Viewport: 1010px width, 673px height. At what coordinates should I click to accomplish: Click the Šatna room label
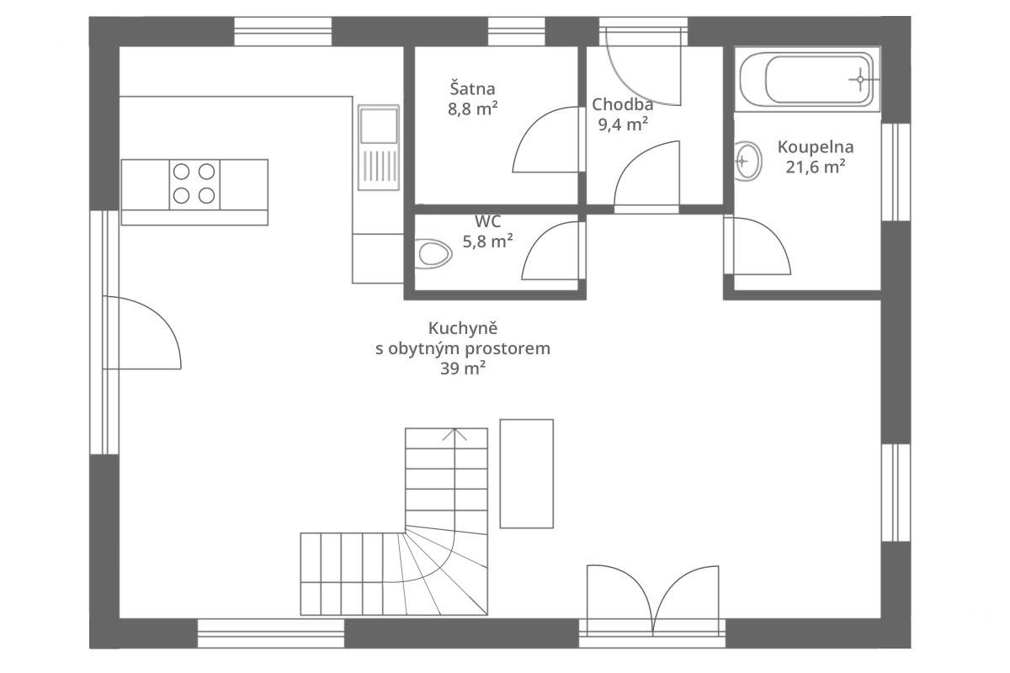coord(472,89)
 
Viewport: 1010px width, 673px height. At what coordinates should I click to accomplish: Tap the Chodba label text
coord(622,104)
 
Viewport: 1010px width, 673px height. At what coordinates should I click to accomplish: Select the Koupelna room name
coord(816,147)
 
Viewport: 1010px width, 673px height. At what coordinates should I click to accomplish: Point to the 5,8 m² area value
coord(487,241)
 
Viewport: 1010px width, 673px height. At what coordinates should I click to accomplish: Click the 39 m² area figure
coord(463,368)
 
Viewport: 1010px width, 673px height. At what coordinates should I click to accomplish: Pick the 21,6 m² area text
coord(816,167)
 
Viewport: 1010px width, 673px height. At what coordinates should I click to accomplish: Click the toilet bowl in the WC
coord(433,254)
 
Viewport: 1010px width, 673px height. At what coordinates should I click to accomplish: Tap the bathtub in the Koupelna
coord(807,79)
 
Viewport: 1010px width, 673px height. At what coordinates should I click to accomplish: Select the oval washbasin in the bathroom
coord(747,161)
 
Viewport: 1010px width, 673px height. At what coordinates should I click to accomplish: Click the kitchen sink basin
coord(379,125)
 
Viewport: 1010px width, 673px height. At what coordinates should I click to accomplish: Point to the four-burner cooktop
coord(194,184)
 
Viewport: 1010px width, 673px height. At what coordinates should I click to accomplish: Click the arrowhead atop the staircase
coord(454,433)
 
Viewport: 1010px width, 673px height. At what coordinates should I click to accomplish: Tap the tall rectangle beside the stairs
coord(526,474)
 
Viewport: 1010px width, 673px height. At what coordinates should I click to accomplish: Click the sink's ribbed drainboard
coord(379,166)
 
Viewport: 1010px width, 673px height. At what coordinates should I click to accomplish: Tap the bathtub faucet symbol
coord(860,80)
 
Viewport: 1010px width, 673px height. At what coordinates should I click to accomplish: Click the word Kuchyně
coord(463,328)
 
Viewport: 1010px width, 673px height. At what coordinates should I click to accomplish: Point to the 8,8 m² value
coord(472,109)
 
